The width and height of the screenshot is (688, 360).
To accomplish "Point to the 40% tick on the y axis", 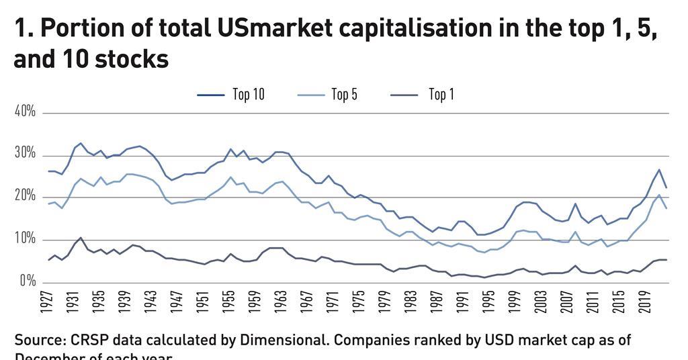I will [x=25, y=111].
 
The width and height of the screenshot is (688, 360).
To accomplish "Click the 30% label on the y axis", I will [x=25, y=154].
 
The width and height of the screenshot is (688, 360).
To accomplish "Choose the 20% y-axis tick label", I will [x=25, y=196].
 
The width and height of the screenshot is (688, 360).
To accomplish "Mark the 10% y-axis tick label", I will [x=25, y=239].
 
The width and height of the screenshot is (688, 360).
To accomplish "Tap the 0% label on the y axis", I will [x=28, y=281].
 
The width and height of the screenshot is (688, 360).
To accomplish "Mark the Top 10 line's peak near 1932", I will [x=81, y=143].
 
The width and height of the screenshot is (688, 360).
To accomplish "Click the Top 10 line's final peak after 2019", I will [x=659, y=169].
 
